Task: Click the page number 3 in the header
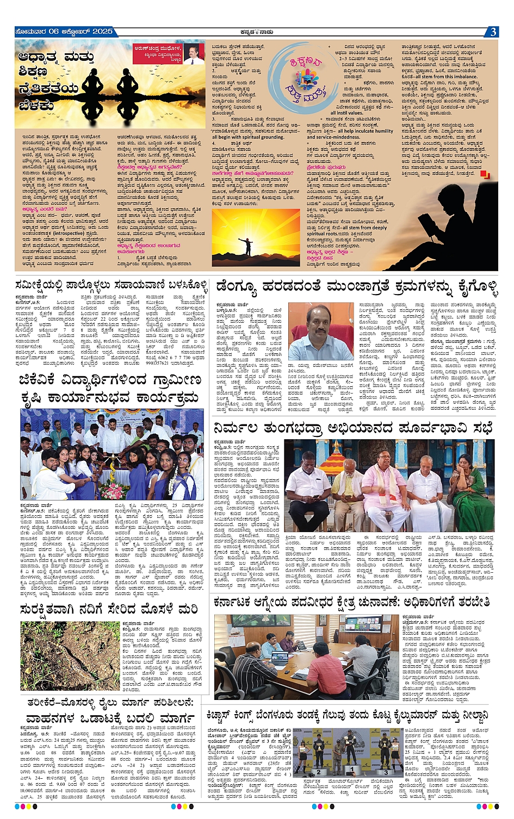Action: pyautogui.click(x=492, y=32)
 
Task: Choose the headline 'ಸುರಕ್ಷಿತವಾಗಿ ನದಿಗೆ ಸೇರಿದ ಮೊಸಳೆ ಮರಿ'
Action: pyautogui.click(x=109, y=609)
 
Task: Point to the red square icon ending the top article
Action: pyautogui.click(x=488, y=174)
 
